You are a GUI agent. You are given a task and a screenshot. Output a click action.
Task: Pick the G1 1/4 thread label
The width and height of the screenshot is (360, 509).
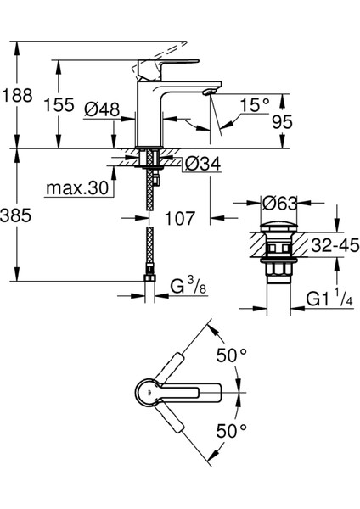[x=324, y=299]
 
